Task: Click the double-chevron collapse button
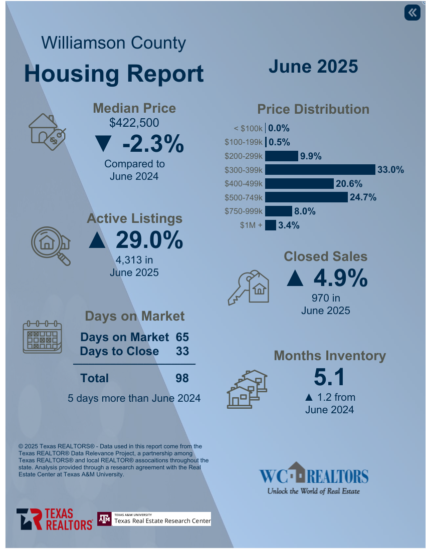point(412,13)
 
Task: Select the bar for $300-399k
point(320,170)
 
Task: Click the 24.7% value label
point(363,197)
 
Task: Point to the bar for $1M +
point(271,225)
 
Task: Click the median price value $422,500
point(134,123)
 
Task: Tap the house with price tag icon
point(47,131)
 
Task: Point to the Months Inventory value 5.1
point(329,377)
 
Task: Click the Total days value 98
point(182,378)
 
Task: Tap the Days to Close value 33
point(182,351)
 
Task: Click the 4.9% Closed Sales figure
point(341,279)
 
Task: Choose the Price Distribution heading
point(313,109)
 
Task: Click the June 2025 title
point(313,67)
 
